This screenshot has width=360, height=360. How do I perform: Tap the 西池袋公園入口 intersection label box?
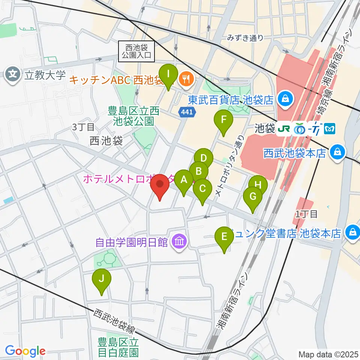click(x=136, y=51)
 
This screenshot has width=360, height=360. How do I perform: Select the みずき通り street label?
click(x=245, y=37)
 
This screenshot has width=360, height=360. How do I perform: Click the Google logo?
click(x=25, y=351)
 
